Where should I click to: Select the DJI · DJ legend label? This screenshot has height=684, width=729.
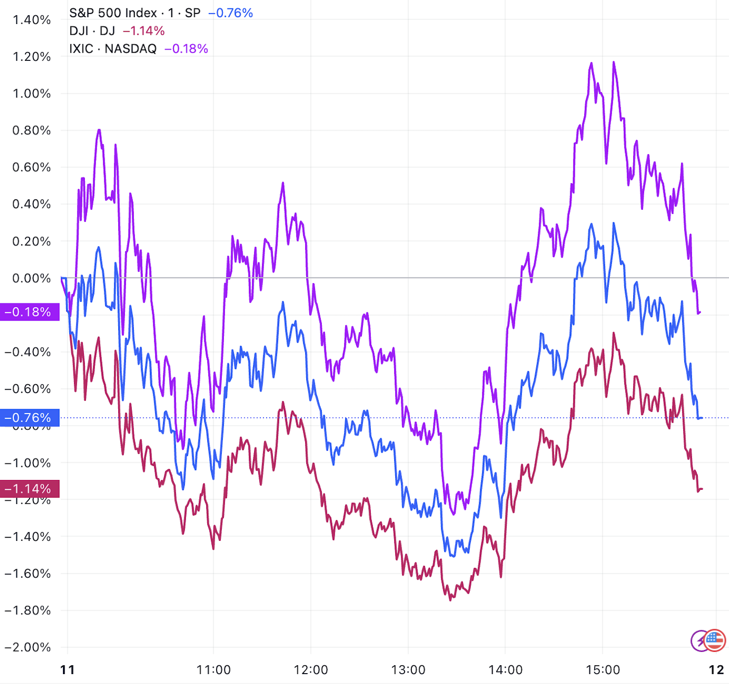tap(92, 31)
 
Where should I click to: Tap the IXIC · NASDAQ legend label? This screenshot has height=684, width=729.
tap(112, 48)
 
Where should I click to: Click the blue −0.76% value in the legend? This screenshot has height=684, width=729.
tap(231, 13)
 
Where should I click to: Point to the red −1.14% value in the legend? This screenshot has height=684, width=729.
tap(144, 31)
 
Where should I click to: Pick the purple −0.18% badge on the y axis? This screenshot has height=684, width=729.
tap(29, 312)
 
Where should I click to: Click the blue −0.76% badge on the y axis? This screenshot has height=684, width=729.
tap(29, 418)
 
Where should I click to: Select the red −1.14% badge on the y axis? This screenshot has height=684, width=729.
tap(29, 489)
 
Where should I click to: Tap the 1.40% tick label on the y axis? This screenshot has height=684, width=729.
tap(32, 20)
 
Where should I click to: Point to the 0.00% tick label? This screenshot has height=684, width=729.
tap(32, 278)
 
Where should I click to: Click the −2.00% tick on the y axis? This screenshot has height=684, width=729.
tap(28, 647)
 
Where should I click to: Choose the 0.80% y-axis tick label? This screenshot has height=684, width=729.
tap(32, 130)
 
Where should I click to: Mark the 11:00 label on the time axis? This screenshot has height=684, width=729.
tap(213, 669)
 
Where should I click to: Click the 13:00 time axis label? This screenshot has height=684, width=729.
tap(408, 669)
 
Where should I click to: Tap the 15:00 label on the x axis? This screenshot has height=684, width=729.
tap(602, 669)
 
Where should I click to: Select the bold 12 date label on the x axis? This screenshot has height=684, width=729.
tap(717, 669)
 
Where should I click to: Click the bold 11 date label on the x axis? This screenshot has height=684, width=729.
tap(68, 669)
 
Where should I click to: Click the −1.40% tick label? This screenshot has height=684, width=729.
tap(28, 536)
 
